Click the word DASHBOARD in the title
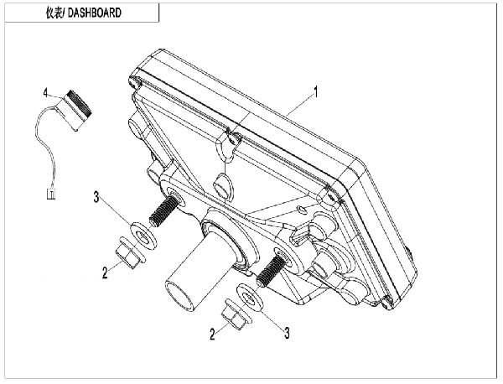point(95,13)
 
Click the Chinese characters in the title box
point(54,13)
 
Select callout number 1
point(316,92)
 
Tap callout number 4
point(45,93)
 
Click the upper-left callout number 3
point(96,197)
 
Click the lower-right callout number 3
point(287,333)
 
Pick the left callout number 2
point(105,273)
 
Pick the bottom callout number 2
point(212,335)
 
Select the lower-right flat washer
point(250,298)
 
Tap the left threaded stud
point(163,212)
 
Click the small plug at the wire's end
point(51,194)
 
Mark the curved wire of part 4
point(45,144)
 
